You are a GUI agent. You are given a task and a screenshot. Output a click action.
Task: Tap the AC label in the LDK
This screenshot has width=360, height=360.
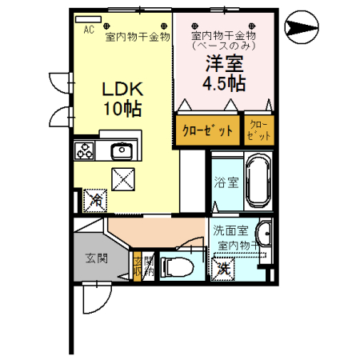click(90, 27)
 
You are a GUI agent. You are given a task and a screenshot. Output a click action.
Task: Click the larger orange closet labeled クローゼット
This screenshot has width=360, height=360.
click(207, 130)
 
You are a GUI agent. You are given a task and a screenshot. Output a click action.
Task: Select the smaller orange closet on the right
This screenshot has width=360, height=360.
click(258, 130)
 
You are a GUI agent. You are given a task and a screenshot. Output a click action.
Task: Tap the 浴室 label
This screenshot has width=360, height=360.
click(225, 182)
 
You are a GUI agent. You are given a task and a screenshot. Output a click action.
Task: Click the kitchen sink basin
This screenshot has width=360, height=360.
click(121, 150)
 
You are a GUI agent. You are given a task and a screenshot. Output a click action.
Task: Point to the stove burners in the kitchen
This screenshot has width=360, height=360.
click(85, 150)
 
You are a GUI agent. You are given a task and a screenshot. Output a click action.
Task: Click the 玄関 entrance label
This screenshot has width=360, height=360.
click(97, 258)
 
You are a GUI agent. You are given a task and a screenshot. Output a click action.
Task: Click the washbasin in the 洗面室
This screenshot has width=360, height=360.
click(265, 236)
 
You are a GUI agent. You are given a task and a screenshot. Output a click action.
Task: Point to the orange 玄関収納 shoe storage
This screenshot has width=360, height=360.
click(138, 266)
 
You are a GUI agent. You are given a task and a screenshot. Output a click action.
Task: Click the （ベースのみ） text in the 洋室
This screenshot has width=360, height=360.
click(223, 46)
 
